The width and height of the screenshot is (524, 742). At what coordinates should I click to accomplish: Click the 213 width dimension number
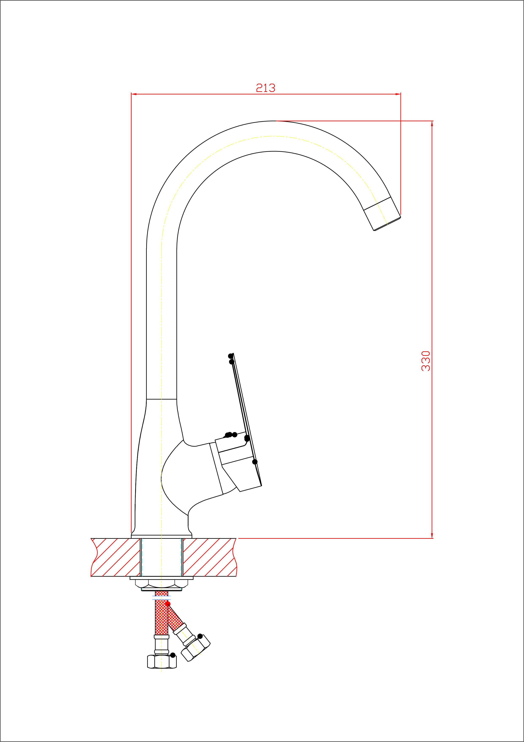point(266,88)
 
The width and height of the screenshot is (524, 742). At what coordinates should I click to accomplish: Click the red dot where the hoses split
point(168,604)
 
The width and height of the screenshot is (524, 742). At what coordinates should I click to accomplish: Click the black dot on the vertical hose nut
point(173,655)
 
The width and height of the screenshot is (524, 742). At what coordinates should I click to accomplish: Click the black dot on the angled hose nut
point(200,636)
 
